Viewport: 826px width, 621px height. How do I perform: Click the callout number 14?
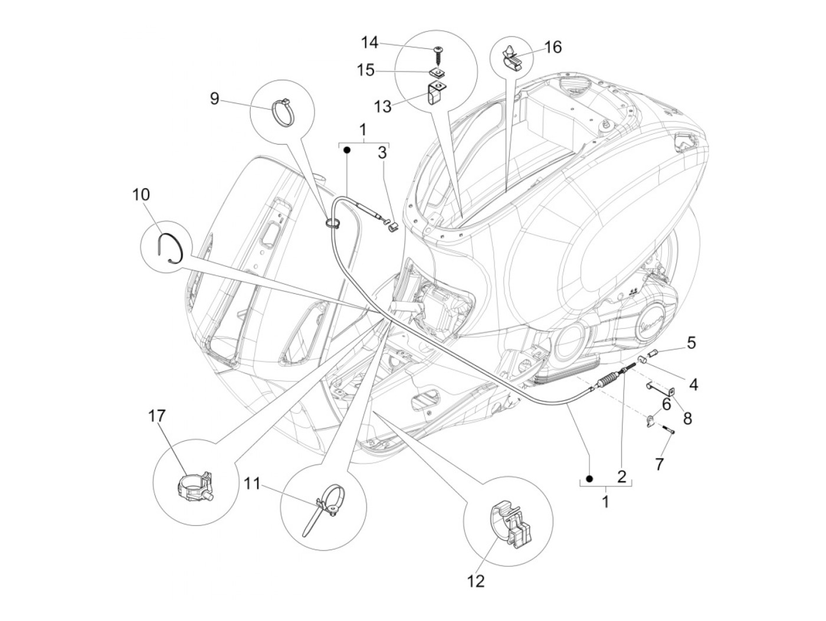click(369, 43)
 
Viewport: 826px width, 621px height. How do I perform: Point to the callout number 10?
click(142, 194)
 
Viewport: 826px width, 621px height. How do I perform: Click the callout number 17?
click(157, 417)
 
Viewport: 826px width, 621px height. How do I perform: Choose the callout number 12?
click(476, 581)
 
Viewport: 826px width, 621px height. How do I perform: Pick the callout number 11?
click(252, 485)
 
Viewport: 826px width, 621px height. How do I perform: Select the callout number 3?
click(382, 153)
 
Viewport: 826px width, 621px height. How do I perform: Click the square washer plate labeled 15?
click(437, 73)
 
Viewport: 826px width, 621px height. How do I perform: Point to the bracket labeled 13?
click(434, 93)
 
